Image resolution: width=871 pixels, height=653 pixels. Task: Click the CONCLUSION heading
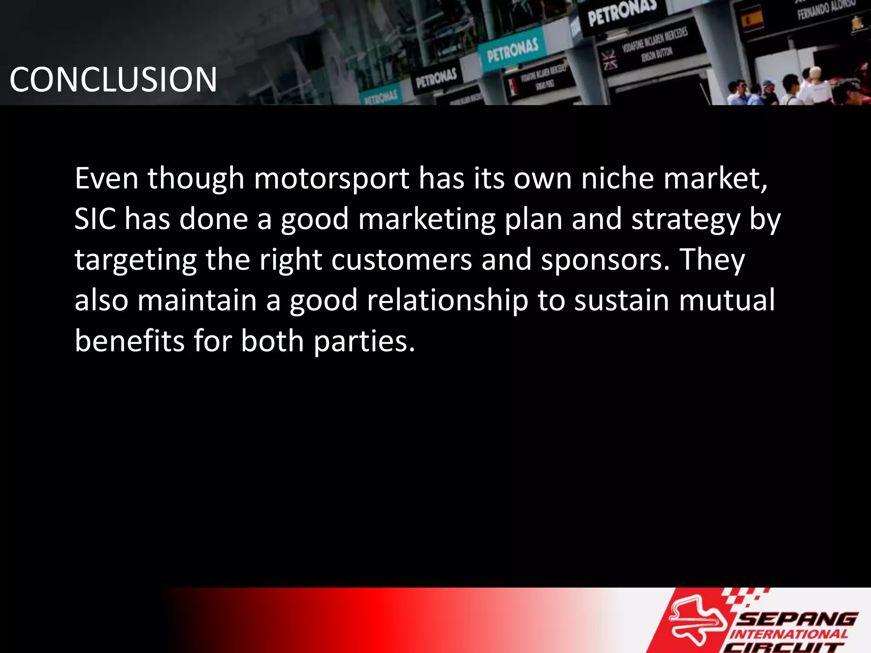click(x=113, y=79)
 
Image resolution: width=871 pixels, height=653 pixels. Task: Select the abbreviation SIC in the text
click(x=95, y=219)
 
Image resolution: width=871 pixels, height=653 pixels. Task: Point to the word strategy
click(x=686, y=220)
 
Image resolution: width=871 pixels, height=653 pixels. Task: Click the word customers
click(x=401, y=260)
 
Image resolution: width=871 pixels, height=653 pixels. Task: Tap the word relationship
click(x=447, y=301)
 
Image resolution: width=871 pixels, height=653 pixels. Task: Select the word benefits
click(x=130, y=341)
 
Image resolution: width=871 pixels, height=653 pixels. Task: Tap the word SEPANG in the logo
click(x=797, y=619)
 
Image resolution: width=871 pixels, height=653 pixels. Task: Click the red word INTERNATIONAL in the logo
click(x=789, y=634)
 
